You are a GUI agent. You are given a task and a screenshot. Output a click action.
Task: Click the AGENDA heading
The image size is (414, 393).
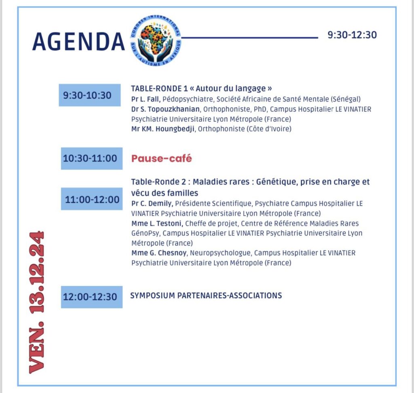coord(78,42)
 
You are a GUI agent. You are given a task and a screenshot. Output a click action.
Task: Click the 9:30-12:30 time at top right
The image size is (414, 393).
coord(352,35)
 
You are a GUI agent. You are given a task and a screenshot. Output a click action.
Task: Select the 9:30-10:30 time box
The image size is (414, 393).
coord(89,96)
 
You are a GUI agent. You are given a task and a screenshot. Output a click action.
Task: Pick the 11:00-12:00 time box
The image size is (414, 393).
coord(92,199)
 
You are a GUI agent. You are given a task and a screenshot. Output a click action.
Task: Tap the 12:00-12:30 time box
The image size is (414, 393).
coord(91,297)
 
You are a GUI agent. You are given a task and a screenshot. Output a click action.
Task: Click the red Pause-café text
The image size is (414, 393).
coord(161,159)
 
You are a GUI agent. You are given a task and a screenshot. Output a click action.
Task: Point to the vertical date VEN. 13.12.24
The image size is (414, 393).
coord(36,302)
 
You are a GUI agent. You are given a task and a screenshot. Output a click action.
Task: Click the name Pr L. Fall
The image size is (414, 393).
coord(146,99)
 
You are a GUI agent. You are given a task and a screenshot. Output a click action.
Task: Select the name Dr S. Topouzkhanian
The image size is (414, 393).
coord(166,109)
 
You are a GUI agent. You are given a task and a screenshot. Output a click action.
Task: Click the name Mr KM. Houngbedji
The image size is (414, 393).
coord(163,129)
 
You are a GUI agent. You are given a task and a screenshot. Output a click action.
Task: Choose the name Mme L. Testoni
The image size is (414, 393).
coord(157,223)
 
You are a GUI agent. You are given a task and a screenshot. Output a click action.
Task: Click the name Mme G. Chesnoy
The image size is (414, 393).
coord(159,253)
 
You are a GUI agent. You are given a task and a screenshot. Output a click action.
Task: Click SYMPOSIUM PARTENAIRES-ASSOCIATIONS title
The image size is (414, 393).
coord(206,295)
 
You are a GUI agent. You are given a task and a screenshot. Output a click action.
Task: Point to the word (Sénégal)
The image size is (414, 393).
coord(346,99)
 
